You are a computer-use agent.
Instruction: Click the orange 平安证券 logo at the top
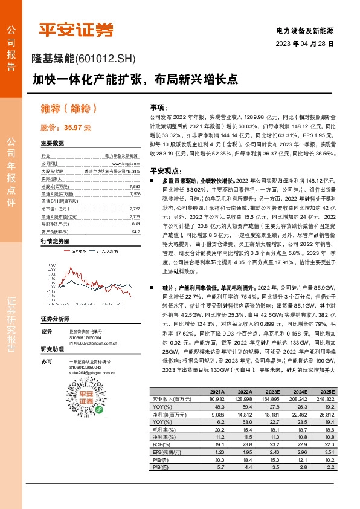click(77, 30)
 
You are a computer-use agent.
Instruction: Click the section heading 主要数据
click(53, 144)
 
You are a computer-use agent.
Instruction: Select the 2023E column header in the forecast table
click(274, 392)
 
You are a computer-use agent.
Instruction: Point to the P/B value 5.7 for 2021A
click(217, 467)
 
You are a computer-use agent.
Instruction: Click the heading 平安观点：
click(167, 170)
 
